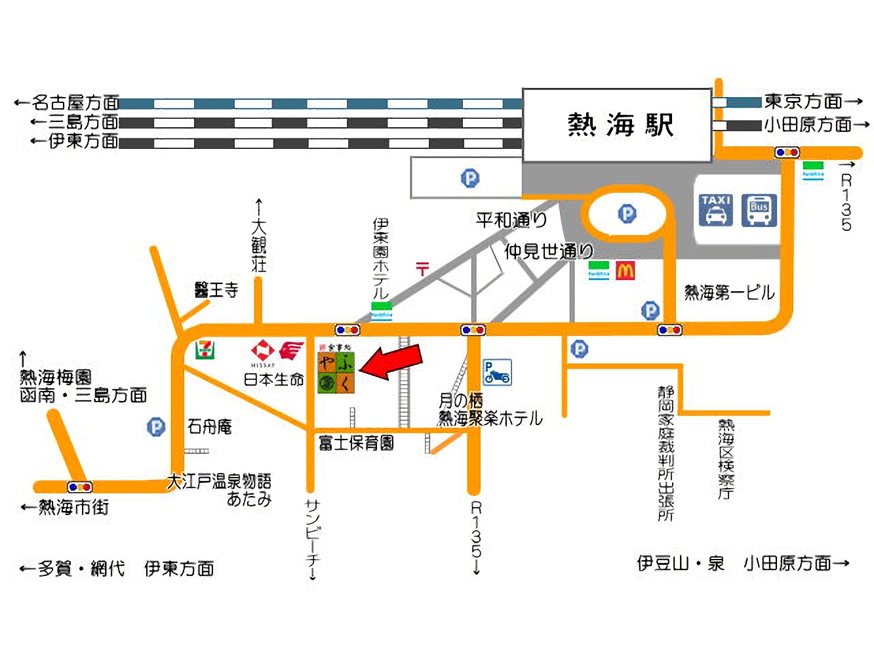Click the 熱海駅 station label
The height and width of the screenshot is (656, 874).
pos(620,125)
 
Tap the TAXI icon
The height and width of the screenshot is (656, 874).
pos(715,210)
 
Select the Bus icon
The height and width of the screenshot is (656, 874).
pos(759,210)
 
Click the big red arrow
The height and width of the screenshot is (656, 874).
pos(391,363)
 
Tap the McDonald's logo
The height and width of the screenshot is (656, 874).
pos(625,270)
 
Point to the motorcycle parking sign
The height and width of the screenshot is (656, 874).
pos(497,373)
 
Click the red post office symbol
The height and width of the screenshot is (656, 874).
pos(422,268)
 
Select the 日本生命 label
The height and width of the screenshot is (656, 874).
pos(274,379)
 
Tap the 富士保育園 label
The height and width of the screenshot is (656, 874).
pos(356,443)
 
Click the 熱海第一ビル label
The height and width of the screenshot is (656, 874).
pos(729,293)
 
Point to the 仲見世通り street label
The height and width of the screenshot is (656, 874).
pos(548,251)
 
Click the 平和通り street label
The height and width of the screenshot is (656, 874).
pos(511,220)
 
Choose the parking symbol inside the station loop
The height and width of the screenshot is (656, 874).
pos(627,214)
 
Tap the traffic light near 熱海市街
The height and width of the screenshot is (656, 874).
pos(80,487)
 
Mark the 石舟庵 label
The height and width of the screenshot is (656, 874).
pos(210,427)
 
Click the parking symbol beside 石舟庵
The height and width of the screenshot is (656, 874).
pos(156,428)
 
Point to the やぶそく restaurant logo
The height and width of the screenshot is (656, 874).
pos(336,372)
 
